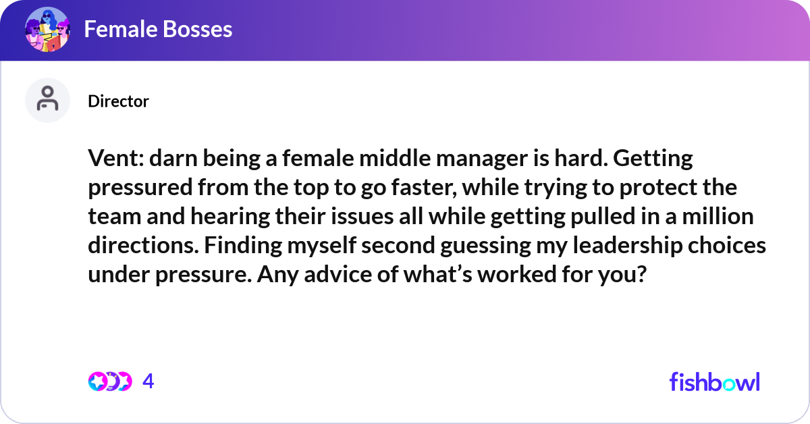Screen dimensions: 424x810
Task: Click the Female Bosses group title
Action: point(158,29)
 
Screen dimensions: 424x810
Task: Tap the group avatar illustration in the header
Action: point(47,30)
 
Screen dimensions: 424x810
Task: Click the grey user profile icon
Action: point(47,100)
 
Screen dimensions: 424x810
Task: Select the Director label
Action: point(118,101)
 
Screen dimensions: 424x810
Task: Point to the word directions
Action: point(140,245)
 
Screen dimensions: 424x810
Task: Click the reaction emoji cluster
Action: point(109,381)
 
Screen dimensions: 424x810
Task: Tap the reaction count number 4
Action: point(148,381)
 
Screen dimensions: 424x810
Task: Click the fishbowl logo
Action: point(714,381)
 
